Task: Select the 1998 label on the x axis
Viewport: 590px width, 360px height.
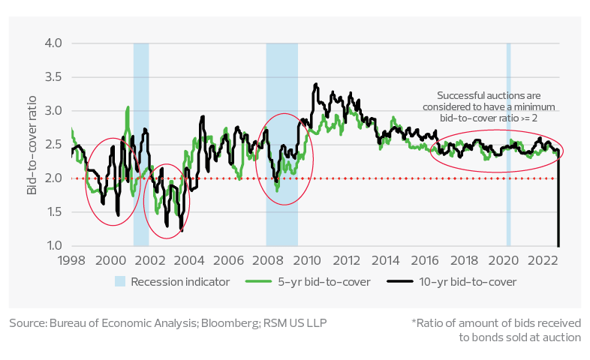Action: [71, 260]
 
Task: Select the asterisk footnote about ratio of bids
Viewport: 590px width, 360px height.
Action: [495, 330]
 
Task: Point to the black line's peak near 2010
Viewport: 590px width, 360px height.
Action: [316, 83]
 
